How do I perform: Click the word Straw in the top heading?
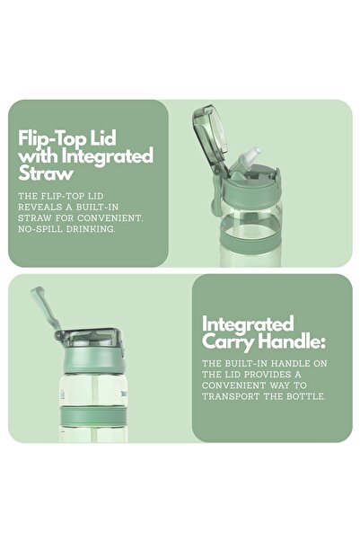pyautogui.click(x=46, y=173)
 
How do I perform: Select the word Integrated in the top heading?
pyautogui.click(x=107, y=155)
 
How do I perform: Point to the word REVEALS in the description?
pyautogui.click(x=37, y=207)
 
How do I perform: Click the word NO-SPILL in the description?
pyautogui.click(x=40, y=229)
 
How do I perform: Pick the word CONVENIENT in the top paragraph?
pyautogui.click(x=110, y=218)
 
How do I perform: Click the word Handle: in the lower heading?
pyautogui.click(x=291, y=341)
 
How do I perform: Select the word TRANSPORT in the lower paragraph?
pyautogui.click(x=231, y=396)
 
